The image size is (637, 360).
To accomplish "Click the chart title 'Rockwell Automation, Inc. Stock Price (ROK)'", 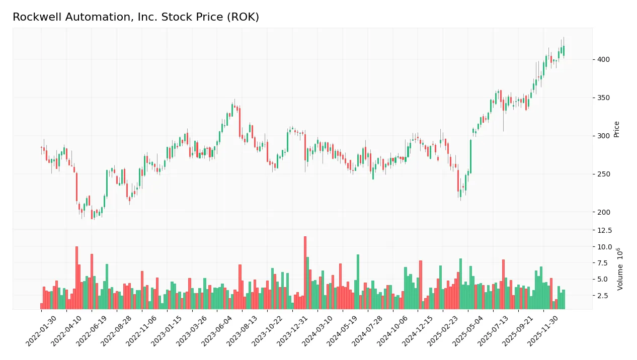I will (136, 17).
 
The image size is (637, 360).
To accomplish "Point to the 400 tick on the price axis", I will (604, 59).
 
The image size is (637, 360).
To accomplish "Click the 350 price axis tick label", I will (604, 98).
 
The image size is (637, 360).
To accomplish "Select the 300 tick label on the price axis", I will (604, 136).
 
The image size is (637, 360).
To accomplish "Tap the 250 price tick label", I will (604, 174).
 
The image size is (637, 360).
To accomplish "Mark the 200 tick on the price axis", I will (604, 212).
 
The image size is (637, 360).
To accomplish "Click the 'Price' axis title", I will (617, 129).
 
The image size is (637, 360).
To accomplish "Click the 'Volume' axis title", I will (620, 269).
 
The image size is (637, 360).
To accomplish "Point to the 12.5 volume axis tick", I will (605, 230).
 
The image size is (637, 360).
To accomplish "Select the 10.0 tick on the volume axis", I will (605, 247).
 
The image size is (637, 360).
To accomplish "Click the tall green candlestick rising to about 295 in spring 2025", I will (471, 156).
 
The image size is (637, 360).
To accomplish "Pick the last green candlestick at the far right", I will (564, 50).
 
